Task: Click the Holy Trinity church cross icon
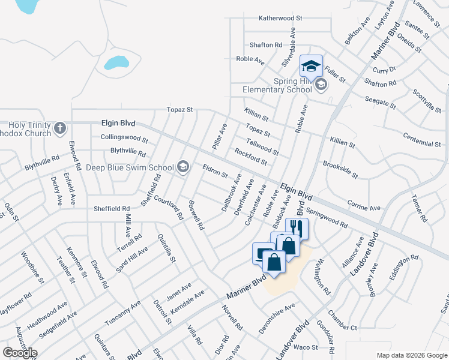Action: (x=59, y=128)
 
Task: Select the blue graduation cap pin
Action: (x=311, y=65)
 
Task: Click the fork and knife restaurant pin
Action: (x=296, y=228)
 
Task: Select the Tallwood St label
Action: (x=263, y=146)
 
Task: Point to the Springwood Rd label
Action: (x=327, y=219)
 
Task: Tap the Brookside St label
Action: (x=340, y=170)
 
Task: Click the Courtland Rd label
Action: (x=167, y=206)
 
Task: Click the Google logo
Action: (x=20, y=353)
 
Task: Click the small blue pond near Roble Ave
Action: (x=116, y=62)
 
